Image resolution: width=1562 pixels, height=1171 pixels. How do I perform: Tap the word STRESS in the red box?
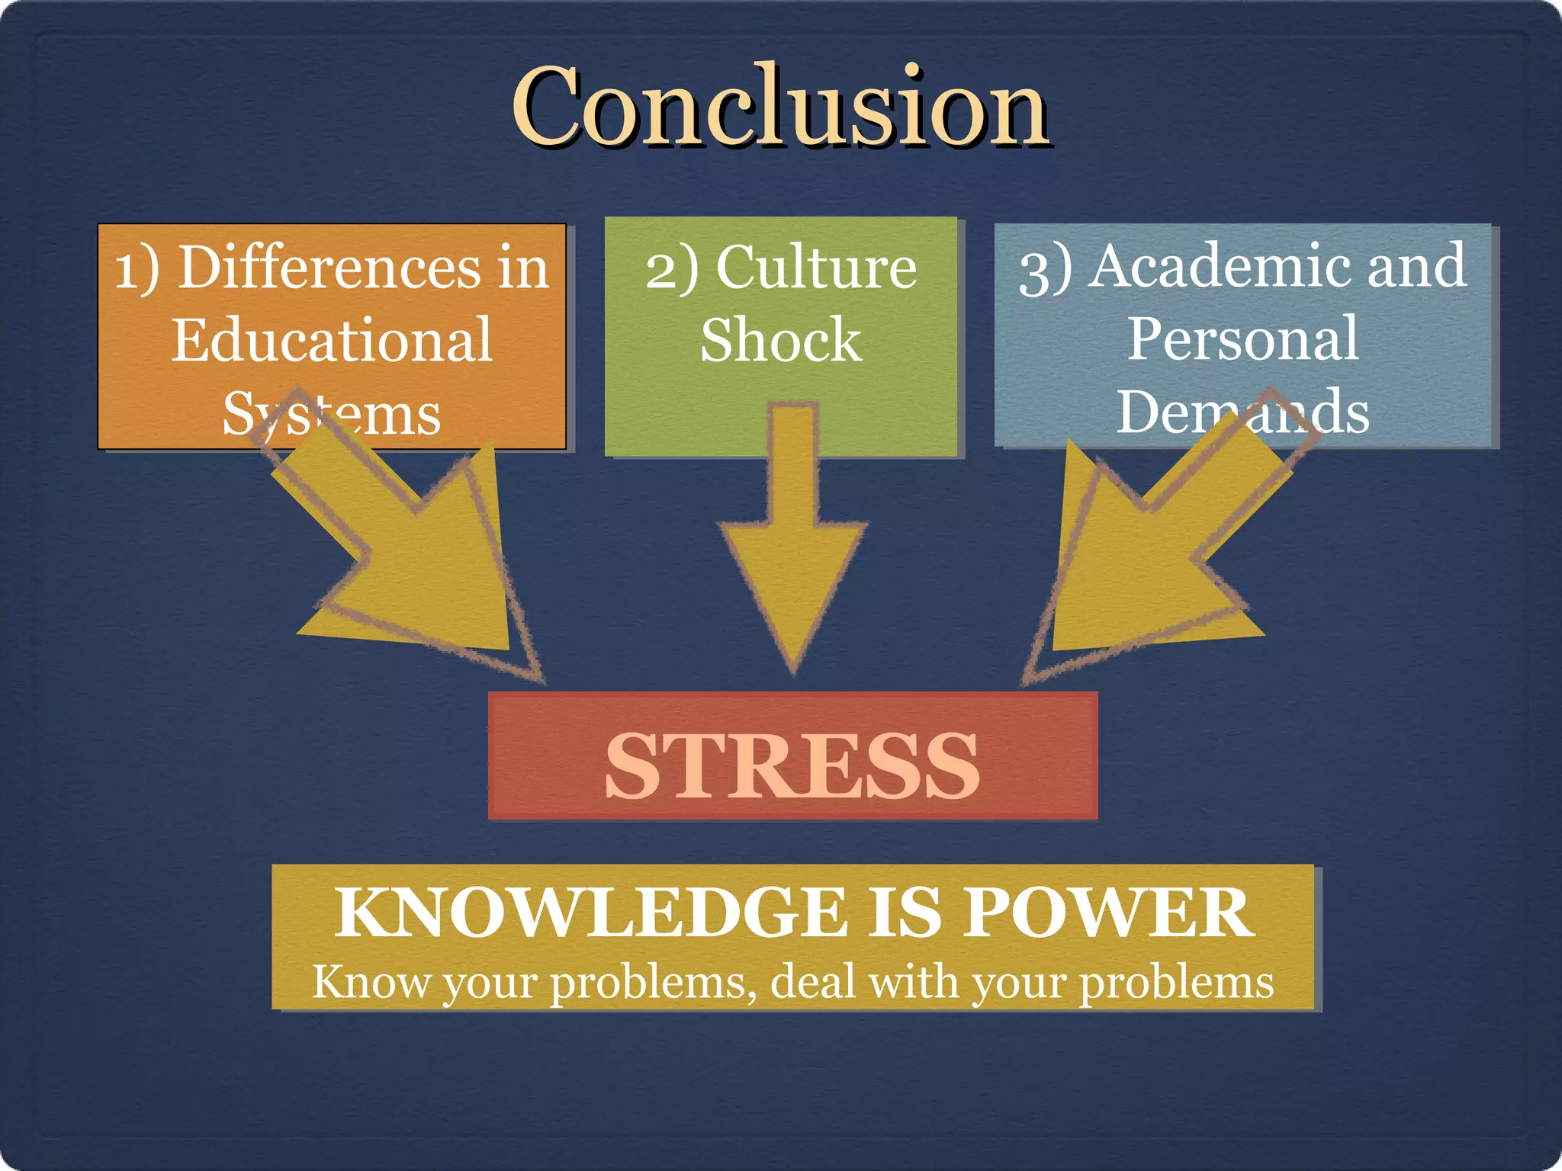tap(792, 765)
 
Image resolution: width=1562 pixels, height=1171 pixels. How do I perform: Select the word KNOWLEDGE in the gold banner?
tap(590, 913)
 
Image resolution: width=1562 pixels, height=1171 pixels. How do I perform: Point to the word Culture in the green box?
tap(816, 268)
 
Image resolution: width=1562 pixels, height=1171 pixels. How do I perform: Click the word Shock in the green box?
tap(780, 340)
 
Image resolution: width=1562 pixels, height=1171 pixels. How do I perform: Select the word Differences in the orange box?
tap(329, 268)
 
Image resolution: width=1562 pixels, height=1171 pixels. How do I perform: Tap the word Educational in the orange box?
tap(332, 340)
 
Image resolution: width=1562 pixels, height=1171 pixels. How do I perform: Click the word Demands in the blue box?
tap(1243, 412)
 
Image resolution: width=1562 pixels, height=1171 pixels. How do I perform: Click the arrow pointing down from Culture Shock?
tap(793, 549)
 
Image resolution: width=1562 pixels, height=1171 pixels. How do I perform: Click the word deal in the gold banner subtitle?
tap(812, 982)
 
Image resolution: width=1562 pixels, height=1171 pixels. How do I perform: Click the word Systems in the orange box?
tap(332, 414)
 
